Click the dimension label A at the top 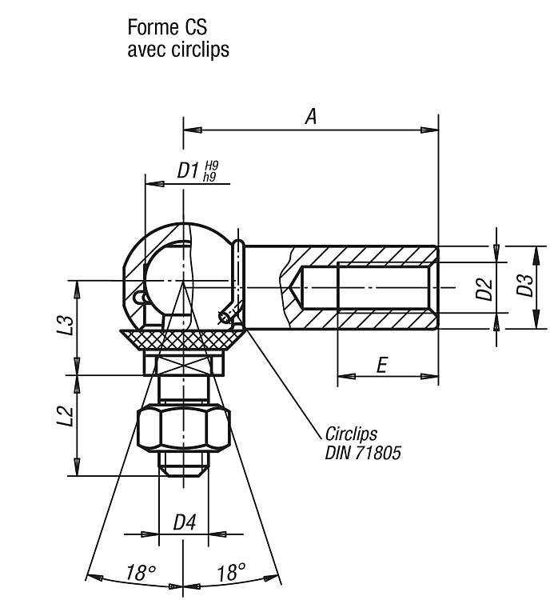point(311,116)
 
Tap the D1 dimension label point(188,170)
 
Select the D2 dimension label point(484,289)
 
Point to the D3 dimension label point(524,285)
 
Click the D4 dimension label point(185,522)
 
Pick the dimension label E point(382,365)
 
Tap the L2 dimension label point(66,415)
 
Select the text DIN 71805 point(363,453)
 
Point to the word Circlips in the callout point(351,434)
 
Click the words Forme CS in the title point(167,27)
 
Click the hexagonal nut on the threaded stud point(184,428)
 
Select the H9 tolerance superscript point(212,166)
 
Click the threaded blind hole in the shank point(366,288)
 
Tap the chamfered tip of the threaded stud point(184,471)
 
